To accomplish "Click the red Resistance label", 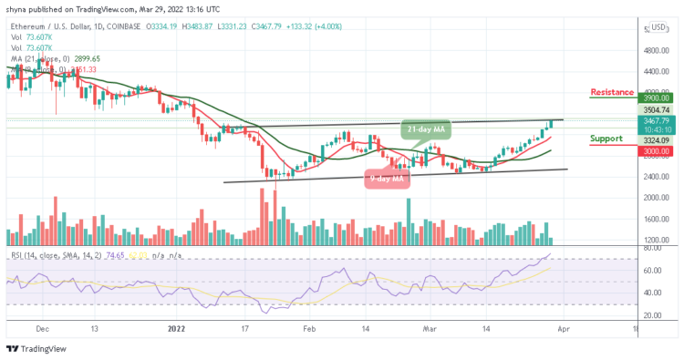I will (x=613, y=92).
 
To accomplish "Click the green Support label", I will (x=607, y=139).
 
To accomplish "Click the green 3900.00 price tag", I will (x=658, y=98).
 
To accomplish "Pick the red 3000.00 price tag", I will (x=658, y=153).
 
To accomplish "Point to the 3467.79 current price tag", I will (x=658, y=120).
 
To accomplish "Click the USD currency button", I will (x=658, y=26).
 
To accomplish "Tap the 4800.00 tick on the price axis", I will (x=658, y=51).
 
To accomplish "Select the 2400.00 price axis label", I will (x=658, y=198).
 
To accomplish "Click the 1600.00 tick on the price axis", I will (x=658, y=219).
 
